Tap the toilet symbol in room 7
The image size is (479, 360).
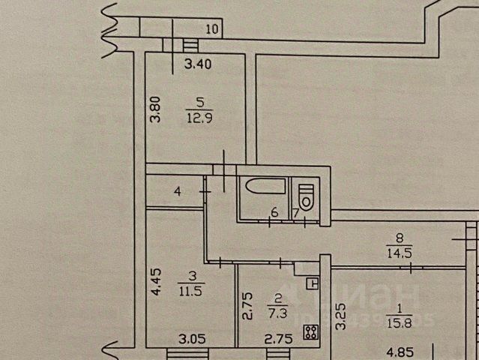click(305, 197)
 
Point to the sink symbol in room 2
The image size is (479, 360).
click(312, 283)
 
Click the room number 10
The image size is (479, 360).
click(212, 30)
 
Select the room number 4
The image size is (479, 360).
click(177, 193)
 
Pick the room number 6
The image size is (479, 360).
click(274, 213)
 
